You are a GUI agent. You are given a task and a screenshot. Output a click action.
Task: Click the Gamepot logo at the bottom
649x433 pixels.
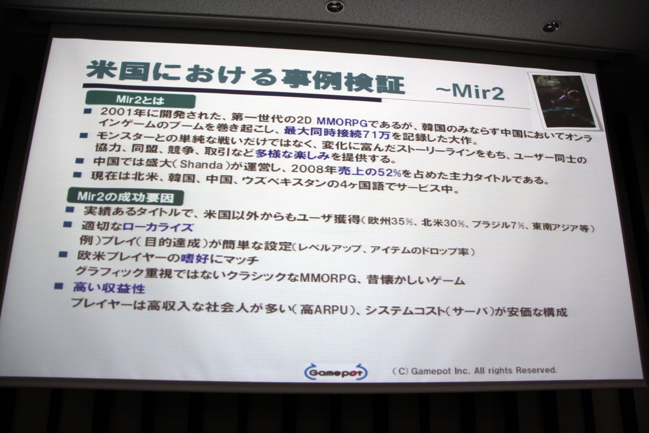tap(336, 372)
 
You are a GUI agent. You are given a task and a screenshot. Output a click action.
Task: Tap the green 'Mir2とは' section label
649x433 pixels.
tap(140, 100)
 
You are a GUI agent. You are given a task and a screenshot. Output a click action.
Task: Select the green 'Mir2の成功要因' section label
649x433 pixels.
tap(125, 197)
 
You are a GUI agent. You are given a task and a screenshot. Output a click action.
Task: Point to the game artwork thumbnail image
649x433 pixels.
tap(564, 101)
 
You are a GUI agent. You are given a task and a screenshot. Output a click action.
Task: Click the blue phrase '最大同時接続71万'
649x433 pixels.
tap(337, 133)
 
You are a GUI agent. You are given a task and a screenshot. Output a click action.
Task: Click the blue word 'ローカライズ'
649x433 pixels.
tap(158, 227)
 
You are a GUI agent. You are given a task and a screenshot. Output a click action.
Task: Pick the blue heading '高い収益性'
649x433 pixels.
tap(109, 288)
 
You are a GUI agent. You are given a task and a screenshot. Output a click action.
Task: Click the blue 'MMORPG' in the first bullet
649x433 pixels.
tap(342, 122)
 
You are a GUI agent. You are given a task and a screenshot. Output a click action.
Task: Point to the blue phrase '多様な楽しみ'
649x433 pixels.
tap(293, 154)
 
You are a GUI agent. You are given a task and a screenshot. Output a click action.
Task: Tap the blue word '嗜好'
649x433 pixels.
tap(195, 258)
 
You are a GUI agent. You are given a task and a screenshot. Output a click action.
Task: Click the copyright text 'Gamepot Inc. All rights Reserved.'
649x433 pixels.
tap(484, 371)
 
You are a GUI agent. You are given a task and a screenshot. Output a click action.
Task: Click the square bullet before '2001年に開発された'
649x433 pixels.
tap(88, 111)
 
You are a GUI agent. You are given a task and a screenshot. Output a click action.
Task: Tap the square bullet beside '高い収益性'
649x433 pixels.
tap(58, 286)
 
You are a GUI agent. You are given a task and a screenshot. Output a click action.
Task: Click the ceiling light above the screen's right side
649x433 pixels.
tap(551, 27)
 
